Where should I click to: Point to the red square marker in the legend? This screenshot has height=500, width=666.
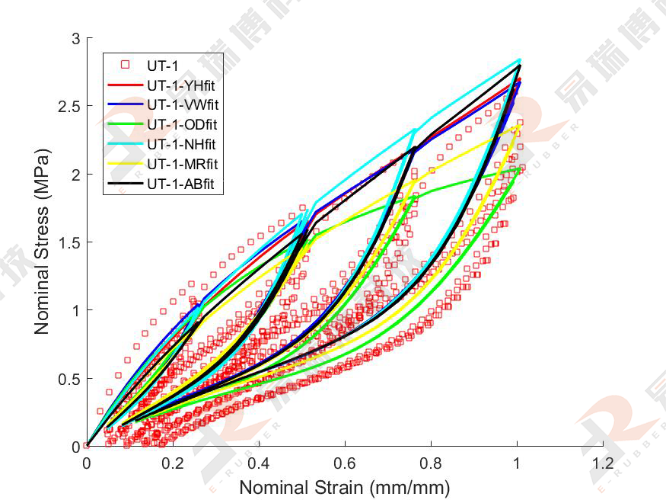click(x=126, y=65)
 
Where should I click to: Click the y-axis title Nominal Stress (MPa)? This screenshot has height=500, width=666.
click(x=42, y=242)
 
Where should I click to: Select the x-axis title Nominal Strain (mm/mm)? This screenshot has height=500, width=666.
click(x=345, y=486)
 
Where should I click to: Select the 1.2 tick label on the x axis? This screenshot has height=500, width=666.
click(x=603, y=463)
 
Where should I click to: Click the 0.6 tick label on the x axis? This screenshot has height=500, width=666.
click(x=345, y=463)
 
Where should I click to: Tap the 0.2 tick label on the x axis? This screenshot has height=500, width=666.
click(x=173, y=463)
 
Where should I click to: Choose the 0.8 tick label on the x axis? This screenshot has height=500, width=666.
click(x=431, y=463)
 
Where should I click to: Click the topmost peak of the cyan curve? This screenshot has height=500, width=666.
click(x=520, y=59)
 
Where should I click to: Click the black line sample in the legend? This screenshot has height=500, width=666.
click(x=126, y=184)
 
